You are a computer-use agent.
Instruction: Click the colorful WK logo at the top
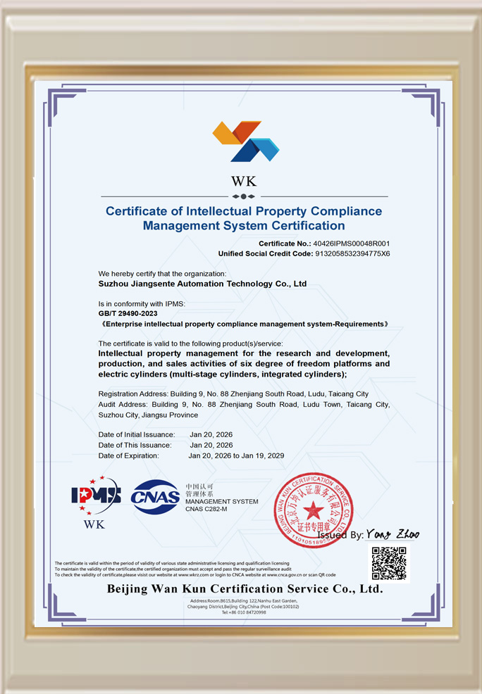(x=245, y=141)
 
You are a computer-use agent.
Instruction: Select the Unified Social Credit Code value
(x=352, y=253)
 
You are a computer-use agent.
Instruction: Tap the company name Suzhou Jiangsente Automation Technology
(x=202, y=284)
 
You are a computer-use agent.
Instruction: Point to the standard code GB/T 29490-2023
(x=128, y=313)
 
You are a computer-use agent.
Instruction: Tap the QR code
(x=389, y=563)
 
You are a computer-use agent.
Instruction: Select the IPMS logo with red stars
(x=95, y=496)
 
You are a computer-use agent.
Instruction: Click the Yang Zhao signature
(x=393, y=534)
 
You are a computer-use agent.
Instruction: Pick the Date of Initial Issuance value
(x=211, y=434)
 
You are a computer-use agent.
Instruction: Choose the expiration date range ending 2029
(x=236, y=455)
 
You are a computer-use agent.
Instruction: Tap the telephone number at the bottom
(x=244, y=612)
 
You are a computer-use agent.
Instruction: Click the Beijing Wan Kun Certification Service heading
(x=245, y=588)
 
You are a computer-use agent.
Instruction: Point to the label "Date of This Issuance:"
(x=135, y=445)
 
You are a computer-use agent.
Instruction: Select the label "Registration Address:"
(x=132, y=393)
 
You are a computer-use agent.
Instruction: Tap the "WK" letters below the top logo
(x=244, y=181)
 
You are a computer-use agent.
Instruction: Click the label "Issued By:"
(x=340, y=535)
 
